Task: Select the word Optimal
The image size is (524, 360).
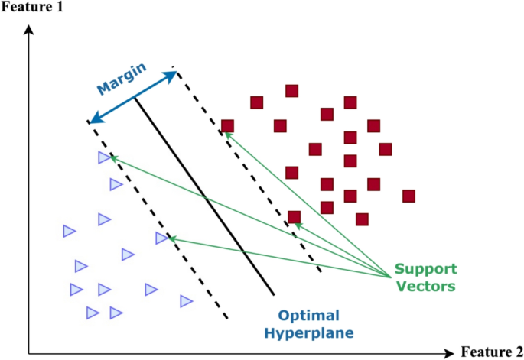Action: (x=308, y=316)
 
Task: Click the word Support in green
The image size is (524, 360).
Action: (x=425, y=270)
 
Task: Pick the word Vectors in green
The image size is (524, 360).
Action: (x=425, y=287)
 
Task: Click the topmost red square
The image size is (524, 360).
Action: (x=291, y=91)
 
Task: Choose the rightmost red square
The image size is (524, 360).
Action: (x=408, y=196)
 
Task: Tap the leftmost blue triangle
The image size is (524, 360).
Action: (x=69, y=231)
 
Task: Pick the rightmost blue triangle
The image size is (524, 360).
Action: (x=186, y=301)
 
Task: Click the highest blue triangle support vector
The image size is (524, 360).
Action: (x=104, y=157)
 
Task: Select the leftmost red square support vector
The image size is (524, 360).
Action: (x=227, y=126)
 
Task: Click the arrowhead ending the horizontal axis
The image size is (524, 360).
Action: (x=449, y=354)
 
